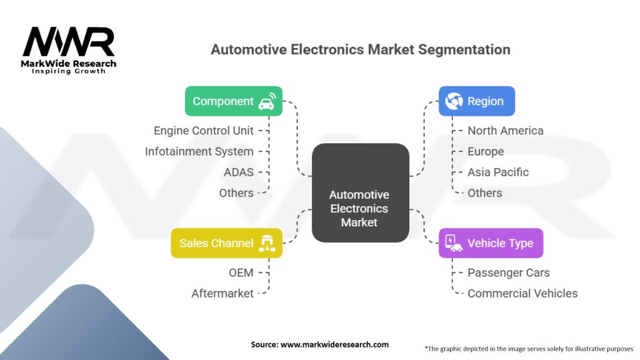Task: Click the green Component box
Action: pyautogui.click(x=234, y=101)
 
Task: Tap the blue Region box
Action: pyautogui.click(x=477, y=101)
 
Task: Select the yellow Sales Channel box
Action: pyautogui.click(x=226, y=243)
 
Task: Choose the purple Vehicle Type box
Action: pyautogui.click(x=491, y=243)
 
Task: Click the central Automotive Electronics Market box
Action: pyautogui.click(x=361, y=192)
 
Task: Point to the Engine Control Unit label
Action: pyautogui.click(x=204, y=131)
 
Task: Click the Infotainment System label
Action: pyautogui.click(x=199, y=151)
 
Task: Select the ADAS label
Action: pyautogui.click(x=239, y=172)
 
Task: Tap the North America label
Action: pyautogui.click(x=505, y=131)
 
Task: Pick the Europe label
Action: pyautogui.click(x=486, y=151)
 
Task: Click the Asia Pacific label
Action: pyautogui.click(x=498, y=172)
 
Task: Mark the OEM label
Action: pyautogui.click(x=241, y=272)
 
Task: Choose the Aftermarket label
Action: pyautogui.click(x=222, y=294)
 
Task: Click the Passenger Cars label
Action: pyautogui.click(x=509, y=272)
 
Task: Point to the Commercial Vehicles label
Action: pyautogui.click(x=522, y=294)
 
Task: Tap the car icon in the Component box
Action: pyautogui.click(x=267, y=102)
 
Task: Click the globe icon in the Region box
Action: pyautogui.click(x=454, y=101)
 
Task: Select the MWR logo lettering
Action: pyautogui.click(x=69, y=42)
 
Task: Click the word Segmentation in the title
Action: pyautogui.click(x=464, y=49)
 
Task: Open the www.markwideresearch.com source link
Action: pyautogui.click(x=334, y=344)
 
